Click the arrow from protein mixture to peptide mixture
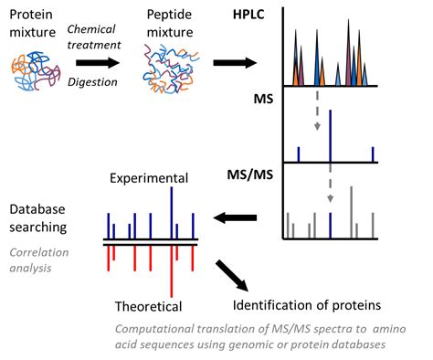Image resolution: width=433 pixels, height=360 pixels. click(x=98, y=62)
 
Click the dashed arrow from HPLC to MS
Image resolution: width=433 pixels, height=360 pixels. click(x=316, y=111)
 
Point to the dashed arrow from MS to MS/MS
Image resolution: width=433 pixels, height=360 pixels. click(x=331, y=186)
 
